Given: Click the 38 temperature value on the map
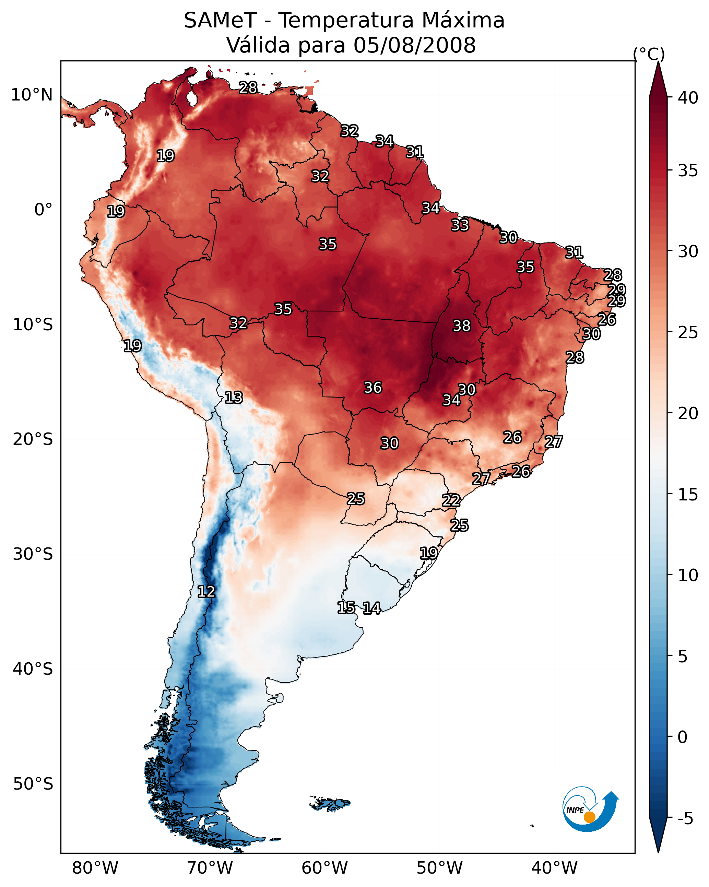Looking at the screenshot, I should click(461, 326).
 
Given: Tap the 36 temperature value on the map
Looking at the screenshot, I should click(373, 388).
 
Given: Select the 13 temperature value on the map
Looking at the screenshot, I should click(233, 398).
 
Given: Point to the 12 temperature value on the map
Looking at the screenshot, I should click(206, 592).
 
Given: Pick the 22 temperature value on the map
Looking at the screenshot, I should click(451, 500).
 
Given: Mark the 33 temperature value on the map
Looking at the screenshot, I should click(460, 225).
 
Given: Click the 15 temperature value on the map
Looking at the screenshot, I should click(346, 608).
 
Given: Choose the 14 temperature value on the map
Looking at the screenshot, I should click(371, 608).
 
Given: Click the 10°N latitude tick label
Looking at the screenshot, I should click(32, 95).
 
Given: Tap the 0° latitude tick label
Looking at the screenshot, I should click(43, 210).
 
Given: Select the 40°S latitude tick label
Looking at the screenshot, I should click(33, 669).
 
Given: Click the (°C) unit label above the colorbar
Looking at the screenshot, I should click(649, 54).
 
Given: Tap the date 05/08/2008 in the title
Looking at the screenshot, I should click(414, 45).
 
